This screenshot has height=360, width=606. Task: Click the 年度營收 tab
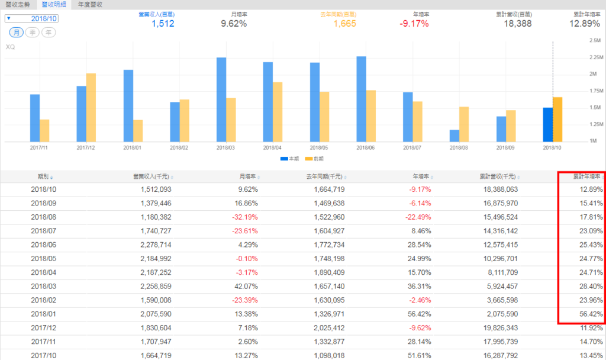(x=90, y=4)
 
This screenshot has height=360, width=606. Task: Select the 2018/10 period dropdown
(x=32, y=18)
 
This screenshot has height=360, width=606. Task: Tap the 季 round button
(x=33, y=32)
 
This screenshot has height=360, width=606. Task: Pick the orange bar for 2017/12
(x=91, y=107)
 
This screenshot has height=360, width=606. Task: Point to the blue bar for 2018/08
(x=454, y=136)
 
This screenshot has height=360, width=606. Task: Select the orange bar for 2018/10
(x=557, y=119)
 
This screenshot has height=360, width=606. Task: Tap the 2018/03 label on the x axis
(x=225, y=147)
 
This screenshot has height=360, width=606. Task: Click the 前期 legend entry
(x=315, y=159)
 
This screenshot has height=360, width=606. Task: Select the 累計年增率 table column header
(x=586, y=176)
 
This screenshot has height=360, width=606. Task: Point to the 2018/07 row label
(x=43, y=232)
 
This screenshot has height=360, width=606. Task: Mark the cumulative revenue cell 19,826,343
(x=500, y=328)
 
